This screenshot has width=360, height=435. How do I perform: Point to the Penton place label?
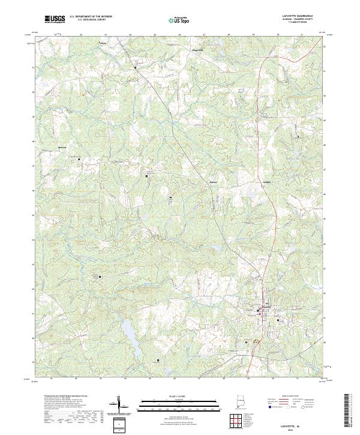click(102, 43)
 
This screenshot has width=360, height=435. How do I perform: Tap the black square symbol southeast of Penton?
click(135, 68)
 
